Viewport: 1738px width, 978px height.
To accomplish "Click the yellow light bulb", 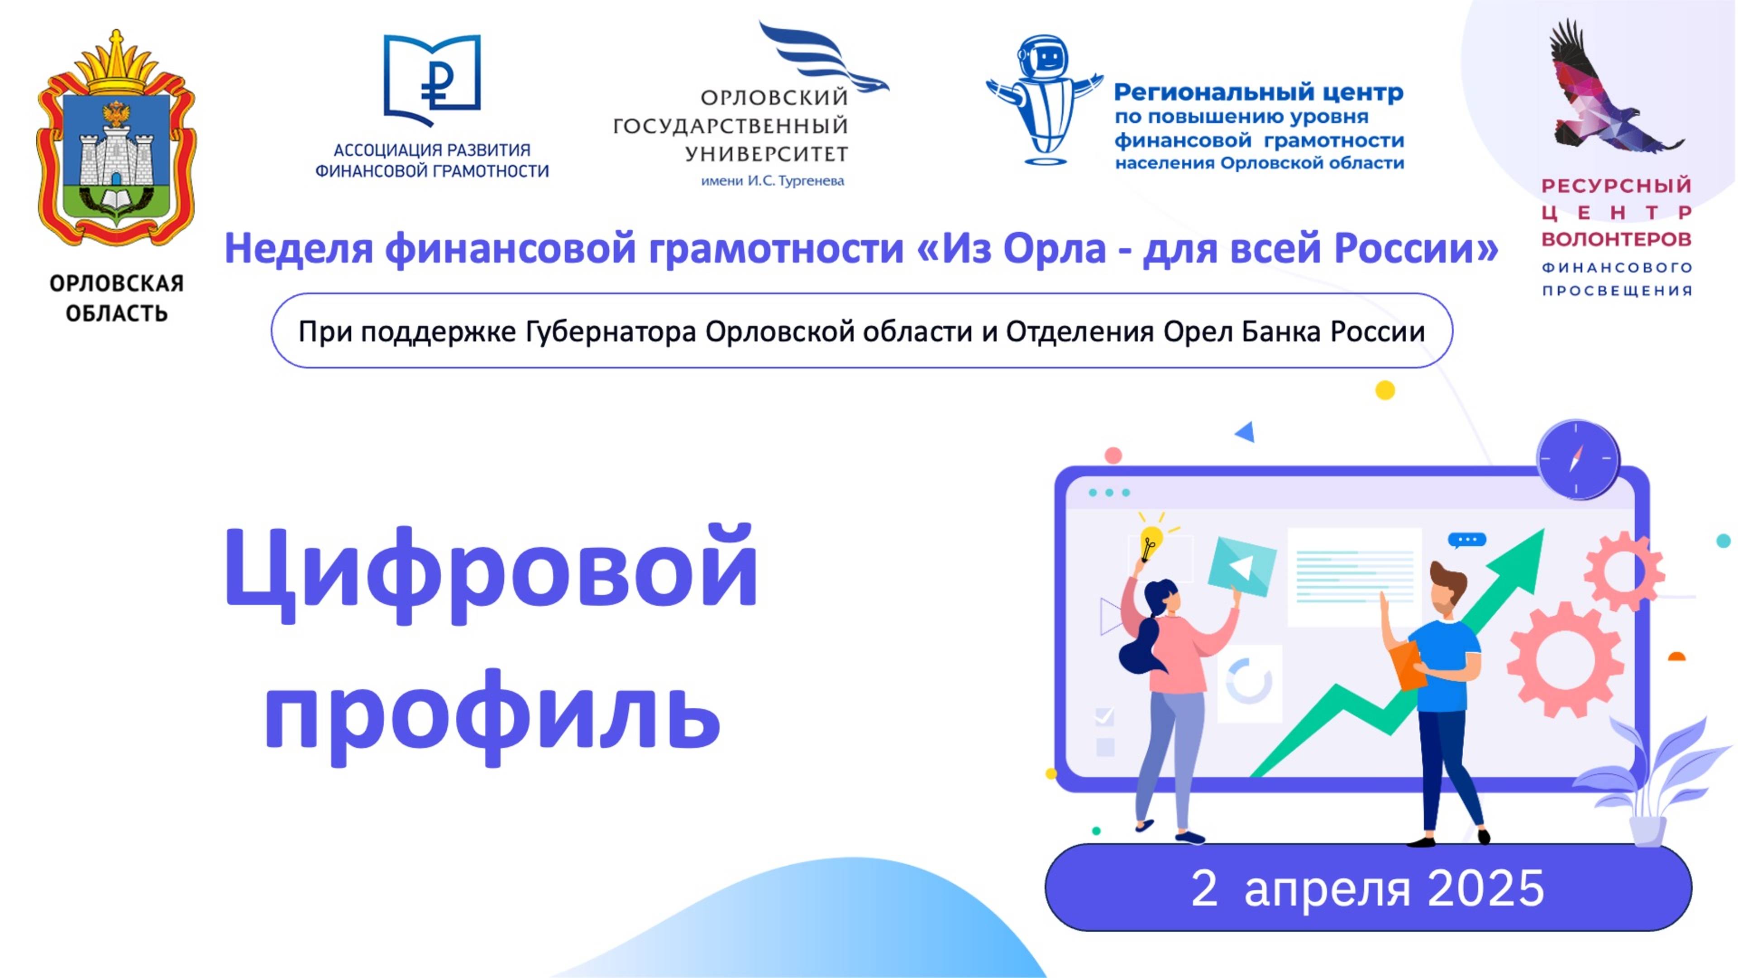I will pyautogui.click(x=1151, y=542).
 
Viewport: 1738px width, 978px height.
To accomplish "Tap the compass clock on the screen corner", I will pyautogui.click(x=1577, y=459).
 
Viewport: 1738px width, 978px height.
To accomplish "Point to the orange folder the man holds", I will pyautogui.click(x=1407, y=665).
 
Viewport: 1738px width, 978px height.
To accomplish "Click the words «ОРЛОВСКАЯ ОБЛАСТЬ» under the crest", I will pyautogui.click(x=116, y=297).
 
